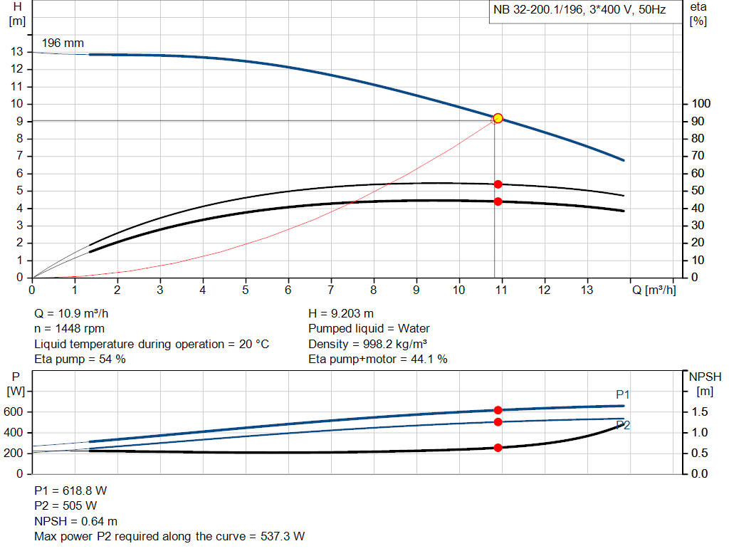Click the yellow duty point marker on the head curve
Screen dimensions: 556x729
point(498,118)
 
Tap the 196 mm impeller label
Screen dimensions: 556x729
point(63,43)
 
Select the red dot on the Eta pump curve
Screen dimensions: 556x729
point(498,184)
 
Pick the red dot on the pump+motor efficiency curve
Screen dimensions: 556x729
point(498,201)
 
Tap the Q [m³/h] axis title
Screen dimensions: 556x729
point(653,290)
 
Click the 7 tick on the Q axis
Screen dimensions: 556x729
point(330,290)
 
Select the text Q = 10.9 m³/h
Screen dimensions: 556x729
point(72,313)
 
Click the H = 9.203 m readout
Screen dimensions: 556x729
point(340,313)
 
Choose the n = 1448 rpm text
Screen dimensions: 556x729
point(70,329)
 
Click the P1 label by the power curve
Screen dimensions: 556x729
point(623,394)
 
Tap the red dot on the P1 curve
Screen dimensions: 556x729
point(498,410)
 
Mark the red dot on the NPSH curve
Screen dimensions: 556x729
point(498,448)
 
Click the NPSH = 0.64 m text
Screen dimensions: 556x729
point(76,521)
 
